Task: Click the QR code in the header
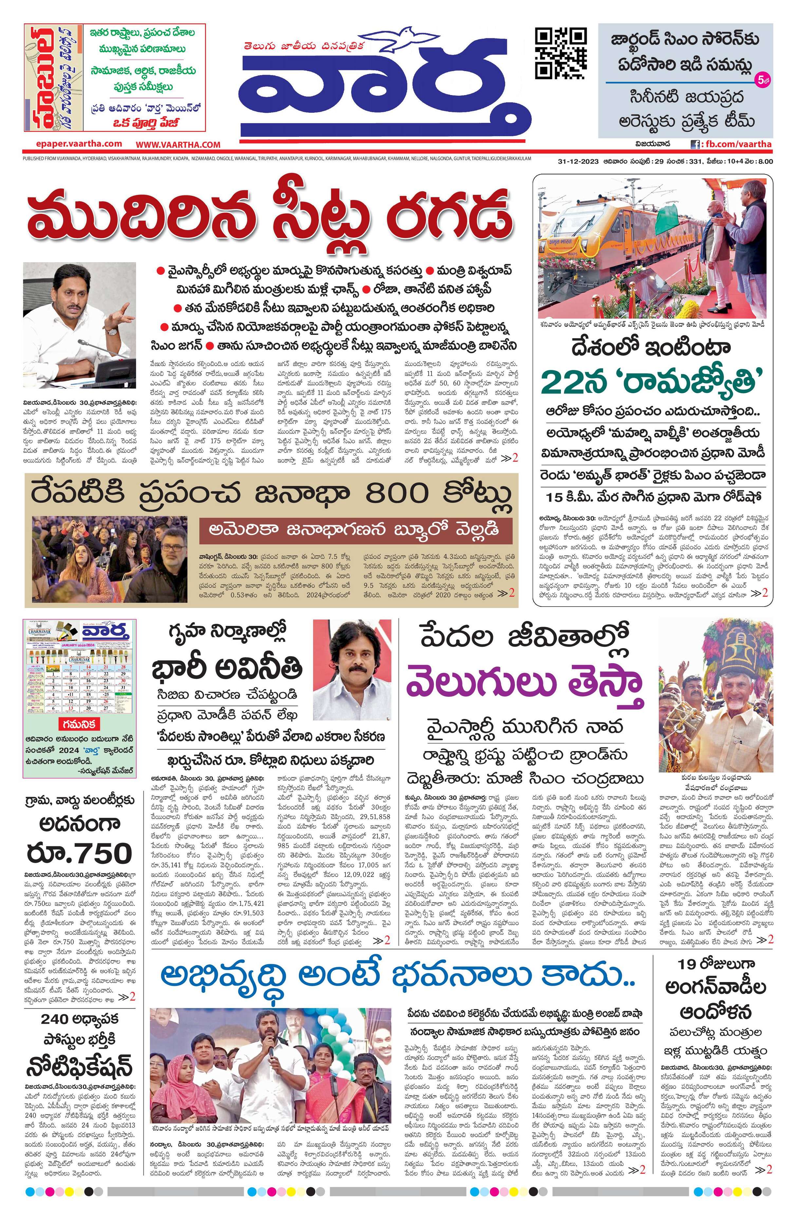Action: click(x=560, y=53)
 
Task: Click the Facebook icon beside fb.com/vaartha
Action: click(x=695, y=145)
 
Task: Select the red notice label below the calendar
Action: click(x=79, y=724)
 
